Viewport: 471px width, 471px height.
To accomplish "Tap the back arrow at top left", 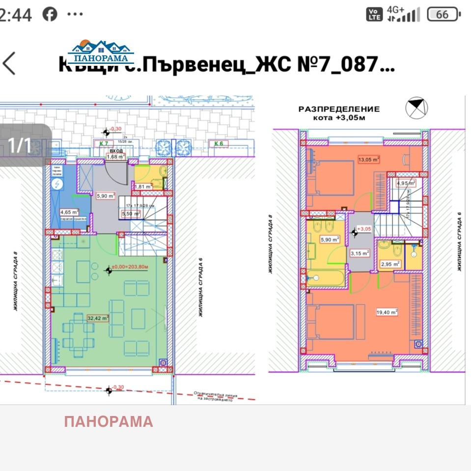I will (x=9, y=64).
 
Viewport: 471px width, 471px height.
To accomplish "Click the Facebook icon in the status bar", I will (x=50, y=14).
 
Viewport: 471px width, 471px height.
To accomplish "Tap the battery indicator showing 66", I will (x=443, y=14).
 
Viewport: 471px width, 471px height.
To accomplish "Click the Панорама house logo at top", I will (x=101, y=52).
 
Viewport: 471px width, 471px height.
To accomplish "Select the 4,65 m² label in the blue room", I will (x=69, y=212).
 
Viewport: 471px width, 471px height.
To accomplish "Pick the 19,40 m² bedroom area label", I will (x=387, y=311).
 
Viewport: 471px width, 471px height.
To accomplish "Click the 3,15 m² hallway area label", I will (x=359, y=253).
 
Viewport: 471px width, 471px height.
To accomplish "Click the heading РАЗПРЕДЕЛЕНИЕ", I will (x=339, y=109).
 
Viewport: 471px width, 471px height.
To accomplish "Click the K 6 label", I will (x=219, y=143).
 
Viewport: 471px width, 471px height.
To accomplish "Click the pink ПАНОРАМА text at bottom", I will (x=109, y=421).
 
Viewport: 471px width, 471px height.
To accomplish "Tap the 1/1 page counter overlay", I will (x=20, y=145).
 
